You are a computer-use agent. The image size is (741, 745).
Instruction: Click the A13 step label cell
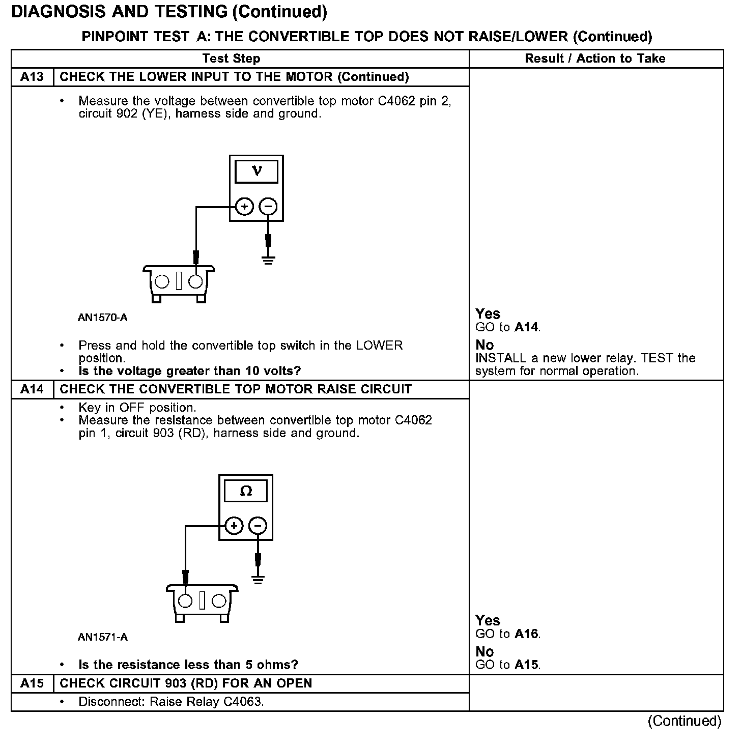point(32,77)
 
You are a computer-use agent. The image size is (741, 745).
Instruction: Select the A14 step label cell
point(32,389)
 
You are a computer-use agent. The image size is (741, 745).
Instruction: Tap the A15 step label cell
point(32,683)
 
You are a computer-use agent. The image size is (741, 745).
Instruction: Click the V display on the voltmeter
point(256,171)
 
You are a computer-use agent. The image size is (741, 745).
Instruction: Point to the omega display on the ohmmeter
point(246,491)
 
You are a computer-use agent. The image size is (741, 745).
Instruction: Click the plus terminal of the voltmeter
point(245,207)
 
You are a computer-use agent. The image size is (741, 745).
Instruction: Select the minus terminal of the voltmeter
point(268,207)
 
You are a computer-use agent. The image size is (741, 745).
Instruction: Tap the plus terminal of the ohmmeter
point(234,526)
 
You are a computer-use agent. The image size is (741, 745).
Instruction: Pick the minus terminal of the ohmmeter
point(258,526)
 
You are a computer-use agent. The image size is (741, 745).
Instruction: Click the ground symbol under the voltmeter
point(268,261)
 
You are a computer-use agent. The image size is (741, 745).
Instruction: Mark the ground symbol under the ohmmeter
point(258,580)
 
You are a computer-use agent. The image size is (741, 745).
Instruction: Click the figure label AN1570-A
point(102,318)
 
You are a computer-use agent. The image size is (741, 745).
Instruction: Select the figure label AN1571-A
point(102,637)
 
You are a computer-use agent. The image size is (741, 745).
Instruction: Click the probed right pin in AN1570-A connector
point(195,281)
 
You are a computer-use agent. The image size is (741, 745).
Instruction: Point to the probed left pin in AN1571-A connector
point(185,601)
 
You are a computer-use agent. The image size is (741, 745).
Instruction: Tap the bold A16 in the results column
point(526,634)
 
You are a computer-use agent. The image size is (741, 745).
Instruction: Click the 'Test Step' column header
point(231,59)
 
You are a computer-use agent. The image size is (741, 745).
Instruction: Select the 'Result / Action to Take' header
point(595,59)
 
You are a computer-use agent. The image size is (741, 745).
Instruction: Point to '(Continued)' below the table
point(684,721)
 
